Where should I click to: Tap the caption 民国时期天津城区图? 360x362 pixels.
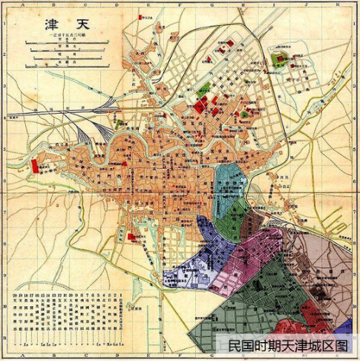(x=291, y=346)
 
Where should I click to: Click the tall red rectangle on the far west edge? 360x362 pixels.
(x=34, y=167)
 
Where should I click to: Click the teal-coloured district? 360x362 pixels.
(x=230, y=182)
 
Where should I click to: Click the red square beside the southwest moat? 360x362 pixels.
(x=130, y=236)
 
